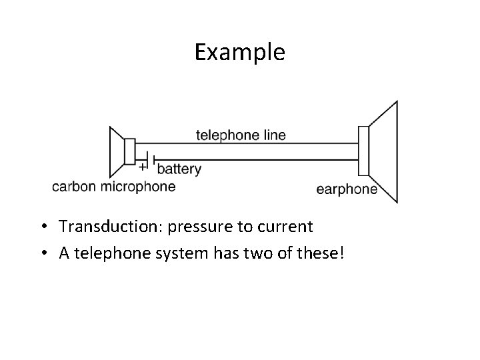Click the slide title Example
239,52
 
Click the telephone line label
241,135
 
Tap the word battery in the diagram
179,169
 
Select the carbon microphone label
114,187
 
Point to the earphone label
347,189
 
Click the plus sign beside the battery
143,167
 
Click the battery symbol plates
152,160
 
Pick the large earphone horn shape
384,152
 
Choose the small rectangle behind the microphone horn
130,152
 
